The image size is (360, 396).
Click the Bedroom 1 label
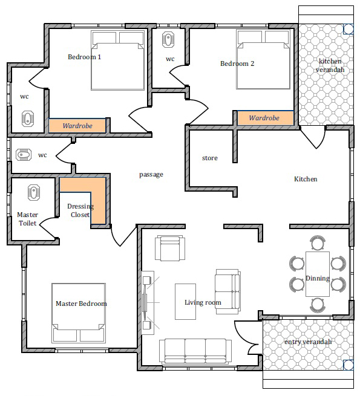pyautogui.click(x=85, y=57)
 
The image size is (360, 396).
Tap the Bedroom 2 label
pyautogui.click(x=237, y=63)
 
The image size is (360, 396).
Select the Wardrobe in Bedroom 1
pyautogui.click(x=77, y=126)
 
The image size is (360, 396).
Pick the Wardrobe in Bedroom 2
pyautogui.click(x=265, y=118)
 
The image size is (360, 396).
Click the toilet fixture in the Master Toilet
pyautogui.click(x=34, y=192)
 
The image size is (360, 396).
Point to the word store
pyautogui.click(x=209, y=158)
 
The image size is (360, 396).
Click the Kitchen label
pyautogui.click(x=306, y=179)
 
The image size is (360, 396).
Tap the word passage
pyautogui.click(x=151, y=175)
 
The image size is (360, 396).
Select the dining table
pyautogui.click(x=318, y=274)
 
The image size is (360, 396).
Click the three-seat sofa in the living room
pyautogui.click(x=195, y=351)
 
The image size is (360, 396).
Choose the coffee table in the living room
pyautogui.click(x=185, y=302)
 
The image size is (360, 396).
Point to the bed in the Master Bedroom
pyautogui.click(x=79, y=313)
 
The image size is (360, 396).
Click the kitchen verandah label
pyautogui.click(x=330, y=65)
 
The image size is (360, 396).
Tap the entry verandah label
pyautogui.click(x=308, y=342)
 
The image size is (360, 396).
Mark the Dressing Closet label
pyautogui.click(x=80, y=210)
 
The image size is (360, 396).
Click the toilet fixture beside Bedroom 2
pyautogui.click(x=168, y=39)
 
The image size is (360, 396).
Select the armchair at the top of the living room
pyautogui.click(x=170, y=248)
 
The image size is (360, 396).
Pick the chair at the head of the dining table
pyautogui.click(x=318, y=242)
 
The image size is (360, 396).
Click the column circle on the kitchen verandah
pyautogui.click(x=349, y=29)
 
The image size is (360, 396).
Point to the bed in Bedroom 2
pyautogui.click(x=263, y=59)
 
